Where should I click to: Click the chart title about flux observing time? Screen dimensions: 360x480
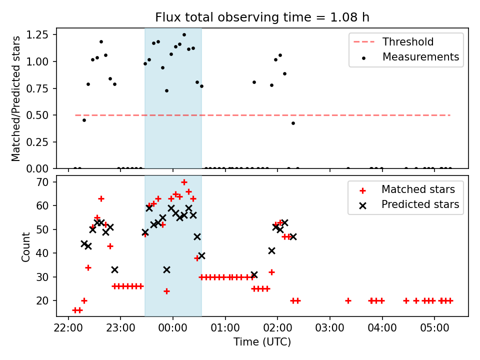262,17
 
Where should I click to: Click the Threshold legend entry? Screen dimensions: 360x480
408,42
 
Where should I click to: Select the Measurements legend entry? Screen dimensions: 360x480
420,57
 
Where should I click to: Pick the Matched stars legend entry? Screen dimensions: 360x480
418,189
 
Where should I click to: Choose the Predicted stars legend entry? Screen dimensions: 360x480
420,204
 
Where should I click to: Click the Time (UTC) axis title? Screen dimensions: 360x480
262,342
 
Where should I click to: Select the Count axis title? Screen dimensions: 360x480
26,246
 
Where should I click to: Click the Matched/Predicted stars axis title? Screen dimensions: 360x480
16,98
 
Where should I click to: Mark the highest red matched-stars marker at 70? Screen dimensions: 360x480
184,182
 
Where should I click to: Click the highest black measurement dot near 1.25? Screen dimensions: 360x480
184,35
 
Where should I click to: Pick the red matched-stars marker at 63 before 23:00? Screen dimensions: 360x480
101,198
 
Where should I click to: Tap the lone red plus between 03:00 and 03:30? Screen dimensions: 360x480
348,300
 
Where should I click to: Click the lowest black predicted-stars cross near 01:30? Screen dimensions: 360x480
254,274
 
